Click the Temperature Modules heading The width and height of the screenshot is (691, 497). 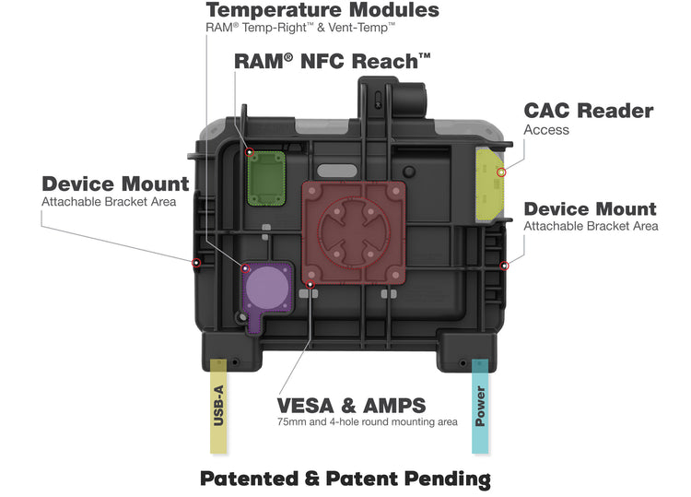coord(322,11)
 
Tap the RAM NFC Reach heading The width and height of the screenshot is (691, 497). coord(333,63)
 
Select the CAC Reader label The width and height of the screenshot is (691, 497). coord(588,112)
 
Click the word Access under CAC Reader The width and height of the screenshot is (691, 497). coord(546,131)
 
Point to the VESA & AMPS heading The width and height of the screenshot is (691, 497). coord(351,406)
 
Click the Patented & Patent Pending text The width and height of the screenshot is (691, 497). coord(345,479)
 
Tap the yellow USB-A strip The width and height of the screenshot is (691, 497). coord(218,406)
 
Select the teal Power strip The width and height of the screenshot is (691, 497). coord(480,406)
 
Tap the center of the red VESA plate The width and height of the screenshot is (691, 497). coord(355,231)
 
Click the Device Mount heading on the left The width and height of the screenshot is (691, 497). coord(115,184)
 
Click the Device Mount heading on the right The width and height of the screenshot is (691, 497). coord(590,209)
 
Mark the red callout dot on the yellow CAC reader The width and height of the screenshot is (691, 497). coord(501,172)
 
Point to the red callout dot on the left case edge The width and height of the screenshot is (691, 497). coord(195,264)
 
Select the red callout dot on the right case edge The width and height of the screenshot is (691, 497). coord(503,266)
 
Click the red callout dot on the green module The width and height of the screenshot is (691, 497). coord(249,153)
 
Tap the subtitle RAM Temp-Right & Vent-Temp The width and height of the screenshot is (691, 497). coord(300,29)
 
